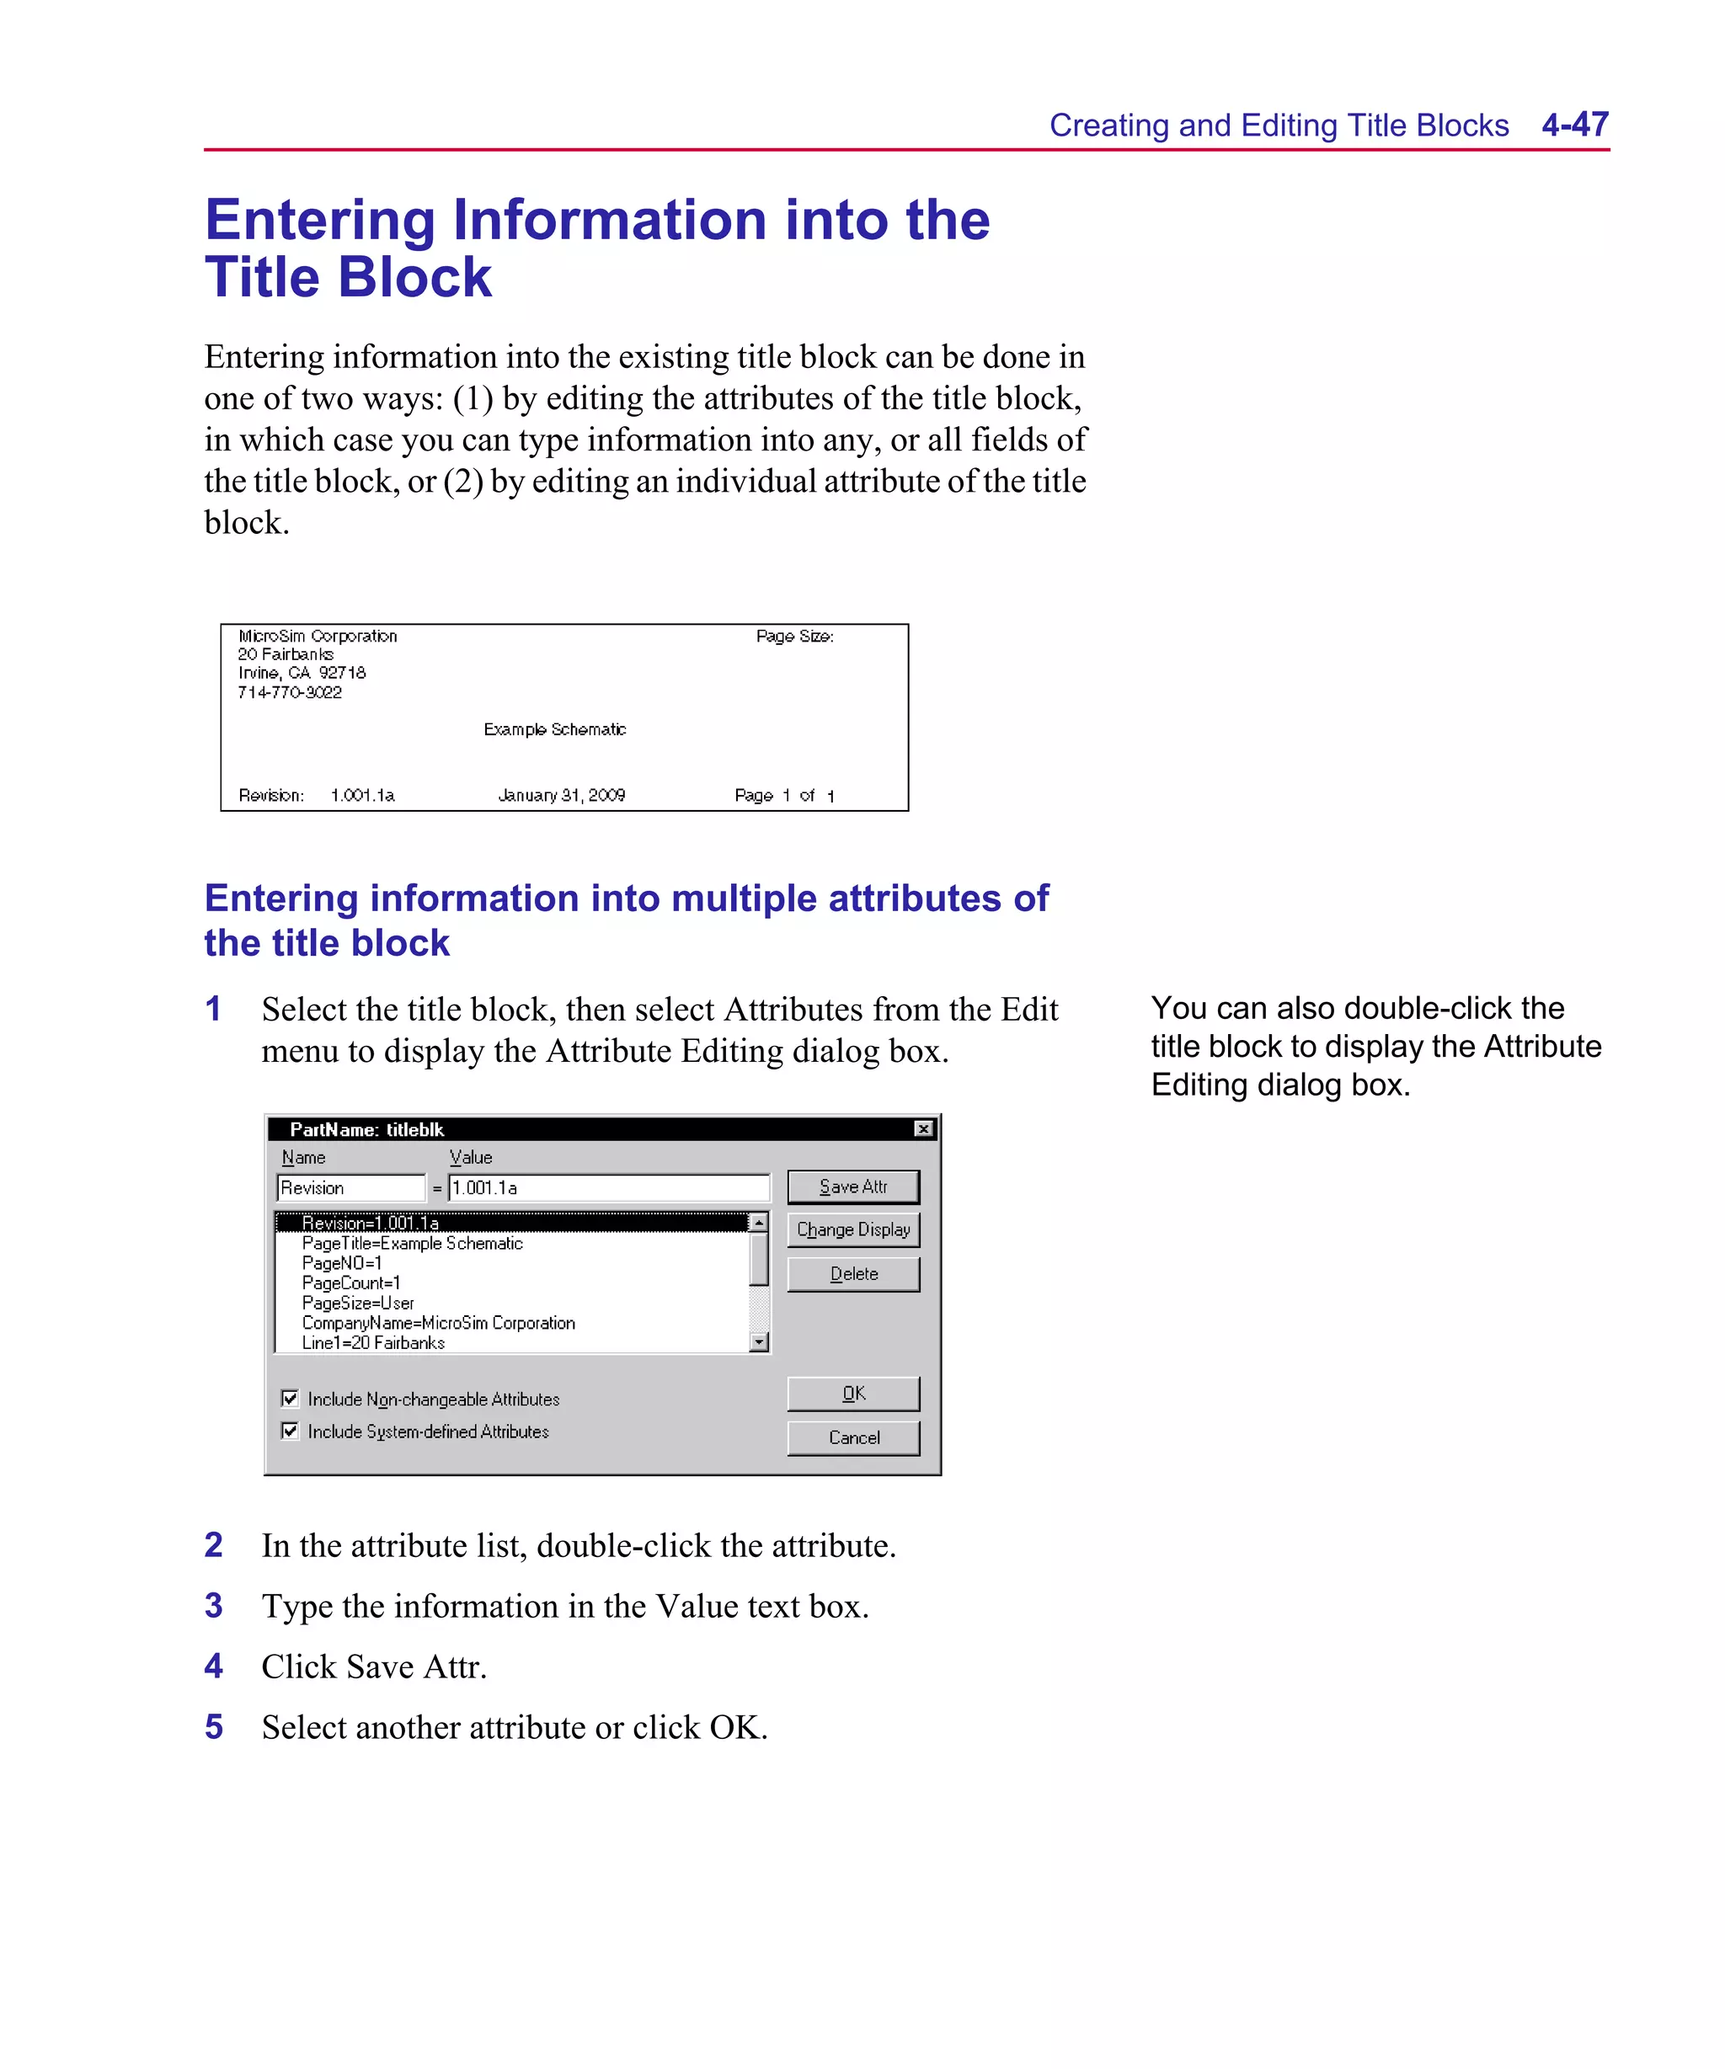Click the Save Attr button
pyautogui.click(x=852, y=1187)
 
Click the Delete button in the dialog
pyautogui.click(x=852, y=1274)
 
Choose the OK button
pyautogui.click(x=852, y=1394)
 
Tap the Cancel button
pyautogui.click(x=852, y=1437)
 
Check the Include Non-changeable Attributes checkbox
pyautogui.click(x=290, y=1399)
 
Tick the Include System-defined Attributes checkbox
pyautogui.click(x=290, y=1431)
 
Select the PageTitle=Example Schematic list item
pyautogui.click(x=412, y=1244)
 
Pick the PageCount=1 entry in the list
pyautogui.click(x=351, y=1282)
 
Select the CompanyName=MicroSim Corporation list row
pyautogui.click(x=439, y=1323)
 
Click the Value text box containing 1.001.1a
pyautogui.click(x=608, y=1188)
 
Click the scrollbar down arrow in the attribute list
pyautogui.click(x=758, y=1342)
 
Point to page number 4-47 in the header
pyautogui.click(x=1574, y=125)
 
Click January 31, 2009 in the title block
pyautogui.click(x=561, y=795)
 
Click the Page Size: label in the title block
pyautogui.click(x=794, y=637)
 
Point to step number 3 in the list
pyautogui.click(x=214, y=1606)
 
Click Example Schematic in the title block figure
pyautogui.click(x=555, y=729)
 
